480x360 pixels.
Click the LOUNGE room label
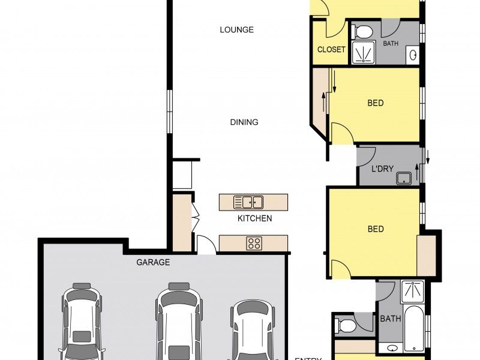(236, 29)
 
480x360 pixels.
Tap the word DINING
(244, 122)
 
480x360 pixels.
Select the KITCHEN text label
(254, 218)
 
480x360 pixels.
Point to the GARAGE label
(153, 262)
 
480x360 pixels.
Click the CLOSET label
(331, 50)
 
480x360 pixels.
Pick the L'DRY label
(382, 169)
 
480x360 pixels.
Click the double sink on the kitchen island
(248, 202)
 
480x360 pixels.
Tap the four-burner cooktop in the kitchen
(254, 244)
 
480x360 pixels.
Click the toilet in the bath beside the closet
(362, 31)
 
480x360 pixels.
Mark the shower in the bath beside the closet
(362, 52)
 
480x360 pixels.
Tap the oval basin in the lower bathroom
(391, 348)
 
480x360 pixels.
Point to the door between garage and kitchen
(205, 245)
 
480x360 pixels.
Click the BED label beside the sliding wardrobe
(376, 103)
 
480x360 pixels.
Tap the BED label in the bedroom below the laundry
(376, 229)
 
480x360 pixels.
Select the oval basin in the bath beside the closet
(413, 55)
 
